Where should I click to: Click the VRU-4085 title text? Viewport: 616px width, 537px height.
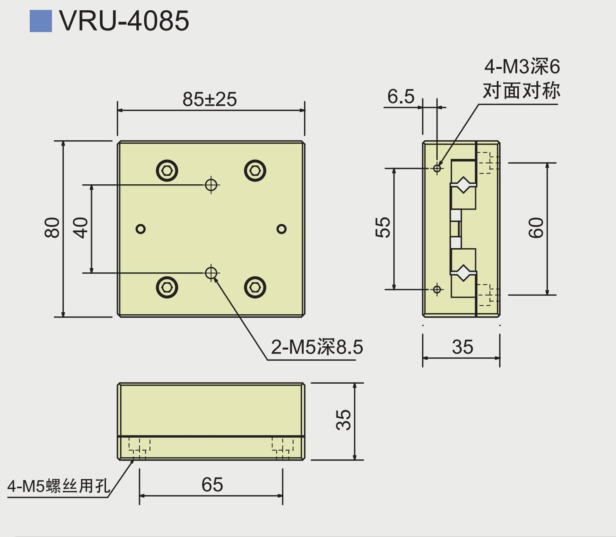124,21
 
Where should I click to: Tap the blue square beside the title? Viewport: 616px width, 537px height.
41,21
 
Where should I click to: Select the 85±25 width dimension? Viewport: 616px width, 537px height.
210,99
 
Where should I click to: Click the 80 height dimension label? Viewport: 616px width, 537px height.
52,228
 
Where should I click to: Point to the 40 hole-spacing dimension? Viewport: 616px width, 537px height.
81,228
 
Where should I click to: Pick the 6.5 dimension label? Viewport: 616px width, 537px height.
400,97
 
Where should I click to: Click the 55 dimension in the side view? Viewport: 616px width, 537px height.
383,227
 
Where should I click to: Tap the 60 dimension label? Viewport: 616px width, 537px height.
536,228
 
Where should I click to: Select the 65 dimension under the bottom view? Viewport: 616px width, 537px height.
212,485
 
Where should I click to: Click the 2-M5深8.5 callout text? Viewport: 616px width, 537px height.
317,347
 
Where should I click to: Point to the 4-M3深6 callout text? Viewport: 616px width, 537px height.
522,67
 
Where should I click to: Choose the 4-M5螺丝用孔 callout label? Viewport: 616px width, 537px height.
58,486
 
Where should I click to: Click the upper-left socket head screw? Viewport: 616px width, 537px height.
167,171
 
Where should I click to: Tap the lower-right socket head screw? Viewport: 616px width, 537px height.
255,287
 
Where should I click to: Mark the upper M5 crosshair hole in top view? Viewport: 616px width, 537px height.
211,185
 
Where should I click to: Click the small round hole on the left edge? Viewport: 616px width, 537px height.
141,229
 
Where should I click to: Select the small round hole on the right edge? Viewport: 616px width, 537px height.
281,229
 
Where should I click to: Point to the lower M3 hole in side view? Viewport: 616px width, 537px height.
437,290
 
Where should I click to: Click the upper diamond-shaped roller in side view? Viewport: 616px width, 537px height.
463,185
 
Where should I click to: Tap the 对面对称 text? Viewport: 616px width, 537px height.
521,91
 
